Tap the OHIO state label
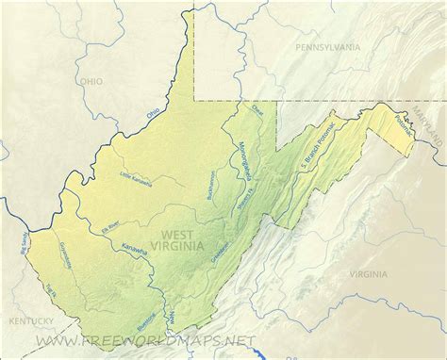tap(91, 82)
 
